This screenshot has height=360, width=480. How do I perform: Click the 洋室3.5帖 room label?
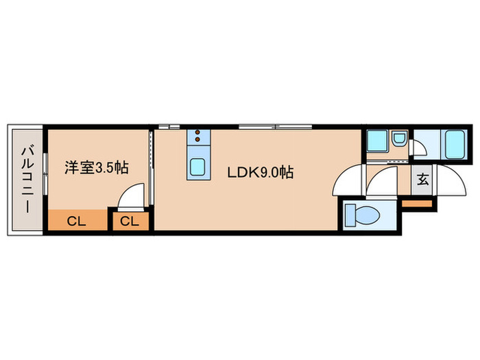[97, 167]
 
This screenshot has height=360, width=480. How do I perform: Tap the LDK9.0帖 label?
[261, 172]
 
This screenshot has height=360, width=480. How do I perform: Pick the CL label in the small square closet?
[130, 221]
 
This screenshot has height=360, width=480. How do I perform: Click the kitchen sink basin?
[197, 167]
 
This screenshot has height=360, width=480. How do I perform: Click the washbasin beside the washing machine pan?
[398, 142]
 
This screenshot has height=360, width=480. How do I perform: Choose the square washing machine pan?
[376, 142]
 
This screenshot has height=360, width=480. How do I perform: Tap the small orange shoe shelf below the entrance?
[416, 202]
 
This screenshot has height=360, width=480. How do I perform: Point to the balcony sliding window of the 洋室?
[45, 180]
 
